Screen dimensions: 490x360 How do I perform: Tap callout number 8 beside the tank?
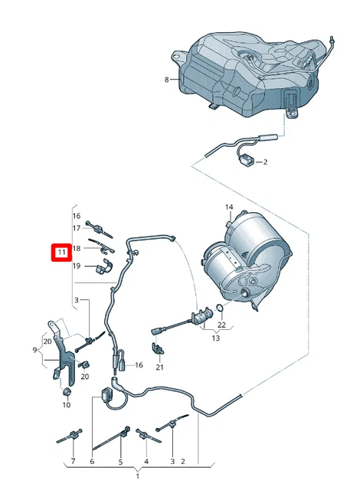[x=165, y=80]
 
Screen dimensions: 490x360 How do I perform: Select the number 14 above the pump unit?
[x=228, y=207]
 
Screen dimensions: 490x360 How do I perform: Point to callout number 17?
[x=77, y=227]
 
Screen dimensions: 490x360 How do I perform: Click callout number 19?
[x=77, y=266]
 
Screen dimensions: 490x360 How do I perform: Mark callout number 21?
[x=160, y=367]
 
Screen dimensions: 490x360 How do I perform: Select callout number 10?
[x=65, y=404]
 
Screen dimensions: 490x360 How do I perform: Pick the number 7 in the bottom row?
[x=74, y=462]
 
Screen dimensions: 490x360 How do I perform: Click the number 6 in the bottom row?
[x=92, y=462]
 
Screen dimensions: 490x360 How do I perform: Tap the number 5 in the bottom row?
[x=120, y=462]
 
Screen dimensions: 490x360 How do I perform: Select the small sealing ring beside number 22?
[x=221, y=309]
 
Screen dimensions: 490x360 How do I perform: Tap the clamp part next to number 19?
[x=102, y=266]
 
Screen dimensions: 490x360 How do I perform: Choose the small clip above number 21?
[x=159, y=349]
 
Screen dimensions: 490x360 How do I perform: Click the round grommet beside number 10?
[x=66, y=392]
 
